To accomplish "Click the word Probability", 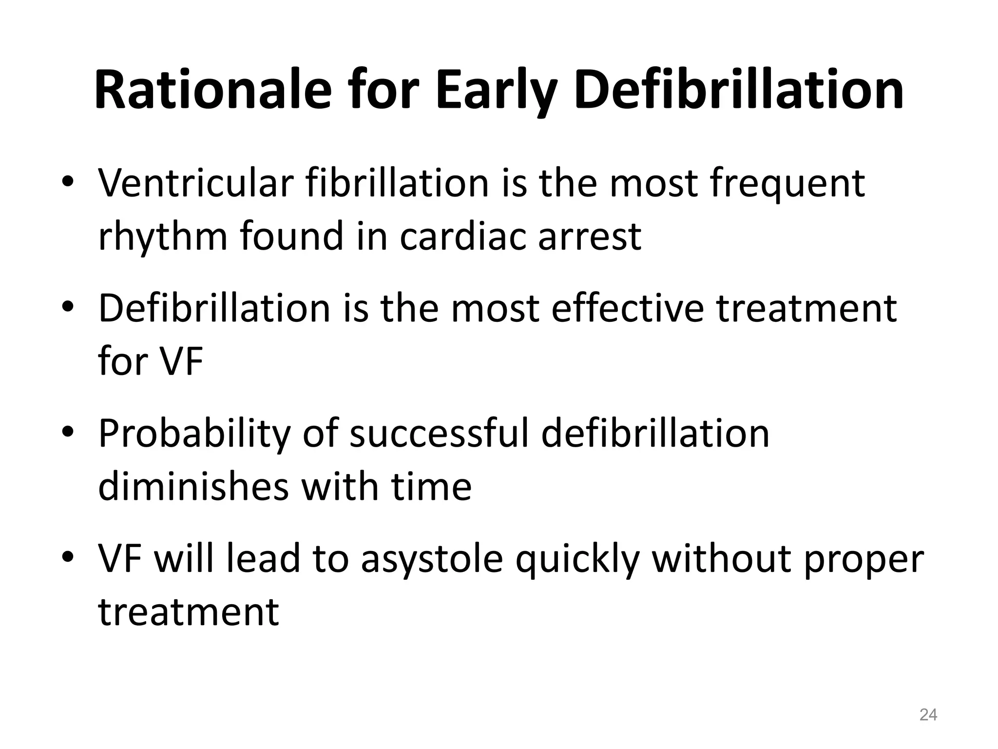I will point(194,434).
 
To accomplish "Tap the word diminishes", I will point(193,486).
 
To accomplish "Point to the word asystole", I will point(432,560).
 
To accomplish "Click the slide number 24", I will point(928,715).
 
